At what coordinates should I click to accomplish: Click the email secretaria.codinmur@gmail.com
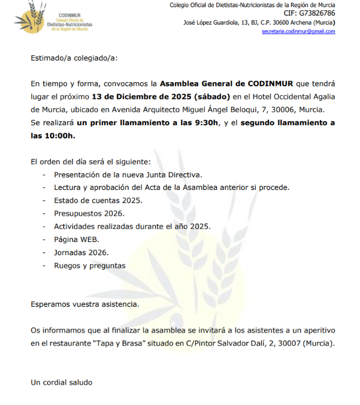[x=298, y=32]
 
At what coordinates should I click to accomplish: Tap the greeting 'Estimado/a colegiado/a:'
[x=74, y=58]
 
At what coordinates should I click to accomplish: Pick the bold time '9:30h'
[x=201, y=123]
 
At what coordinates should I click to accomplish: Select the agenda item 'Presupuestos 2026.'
[x=89, y=213]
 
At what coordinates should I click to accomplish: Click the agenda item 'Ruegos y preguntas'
[x=90, y=265]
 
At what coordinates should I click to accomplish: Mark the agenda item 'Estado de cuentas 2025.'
[x=98, y=200]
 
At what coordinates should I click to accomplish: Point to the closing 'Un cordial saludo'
[x=62, y=382]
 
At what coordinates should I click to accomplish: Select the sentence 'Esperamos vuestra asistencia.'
[x=85, y=304]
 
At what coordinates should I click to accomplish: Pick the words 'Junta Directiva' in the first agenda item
[x=176, y=174]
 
